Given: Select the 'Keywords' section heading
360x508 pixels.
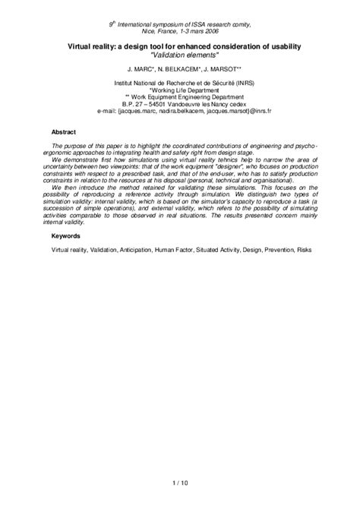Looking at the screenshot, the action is click(66, 237).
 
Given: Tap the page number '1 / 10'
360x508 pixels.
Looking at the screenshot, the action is click(179, 481).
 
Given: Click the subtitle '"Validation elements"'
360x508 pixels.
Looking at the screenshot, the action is click(179, 55).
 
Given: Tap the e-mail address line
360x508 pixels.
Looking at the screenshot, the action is click(179, 110).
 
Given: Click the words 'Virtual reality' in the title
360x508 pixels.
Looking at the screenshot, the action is click(88, 46).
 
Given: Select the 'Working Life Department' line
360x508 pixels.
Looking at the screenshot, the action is click(180, 87).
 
